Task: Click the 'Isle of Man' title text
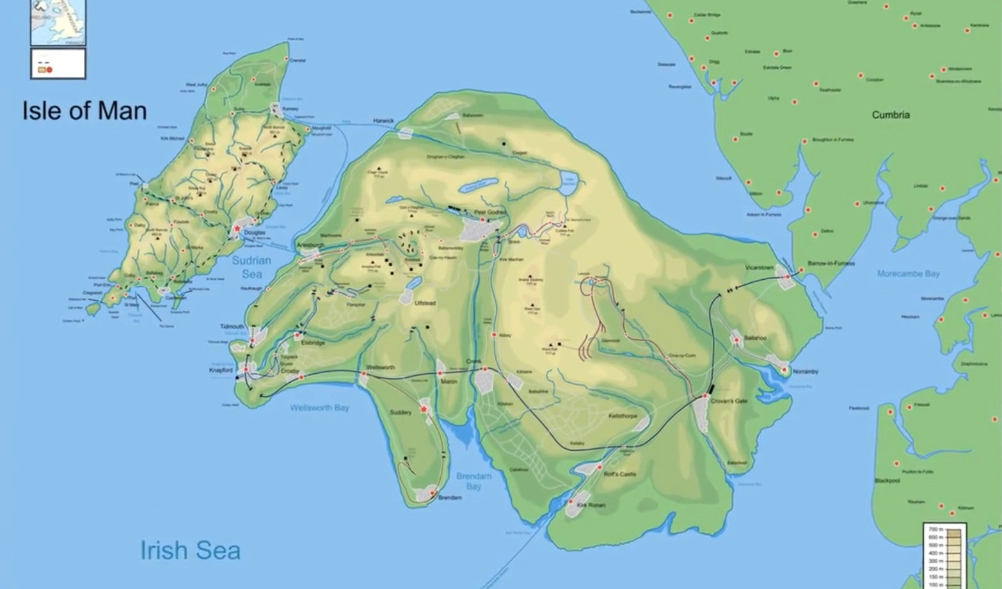84,111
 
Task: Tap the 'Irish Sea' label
190,551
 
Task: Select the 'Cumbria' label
890,115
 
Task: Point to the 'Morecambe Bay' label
908,274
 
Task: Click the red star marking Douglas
237,229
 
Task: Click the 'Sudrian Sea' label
251,267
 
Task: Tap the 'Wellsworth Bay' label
319,408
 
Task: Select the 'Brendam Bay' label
473,481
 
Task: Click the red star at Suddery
424,409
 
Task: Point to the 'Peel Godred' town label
489,213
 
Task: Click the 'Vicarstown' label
759,268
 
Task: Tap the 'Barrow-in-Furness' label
831,263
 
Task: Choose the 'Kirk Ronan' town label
591,505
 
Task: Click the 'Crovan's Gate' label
729,401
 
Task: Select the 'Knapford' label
221,370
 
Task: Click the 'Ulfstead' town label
425,303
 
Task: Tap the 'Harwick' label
384,120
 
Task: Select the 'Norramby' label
805,371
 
